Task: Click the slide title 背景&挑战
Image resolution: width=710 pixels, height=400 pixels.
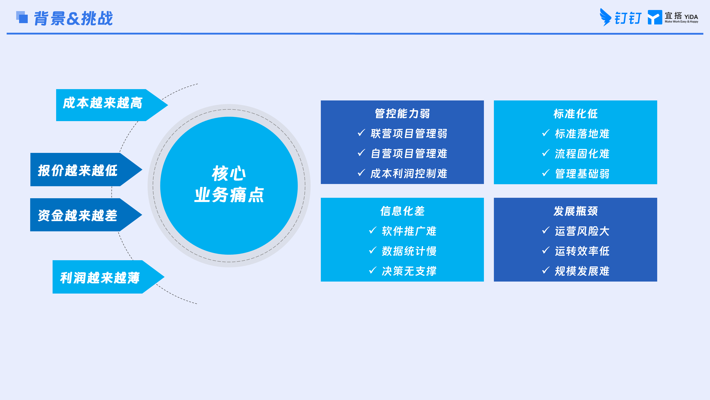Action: [x=73, y=18]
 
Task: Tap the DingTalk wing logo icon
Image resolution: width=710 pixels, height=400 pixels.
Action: [x=605, y=17]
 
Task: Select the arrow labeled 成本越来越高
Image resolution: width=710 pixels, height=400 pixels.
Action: [x=112, y=105]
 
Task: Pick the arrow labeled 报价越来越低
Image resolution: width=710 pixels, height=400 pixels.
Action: [x=86, y=170]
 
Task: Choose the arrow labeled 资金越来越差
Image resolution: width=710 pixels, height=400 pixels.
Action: [x=86, y=215]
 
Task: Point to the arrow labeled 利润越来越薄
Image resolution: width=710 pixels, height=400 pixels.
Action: [x=108, y=277]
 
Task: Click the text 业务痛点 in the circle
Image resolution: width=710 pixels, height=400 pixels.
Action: [x=229, y=195]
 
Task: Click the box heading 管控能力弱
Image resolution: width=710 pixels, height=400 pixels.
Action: [x=402, y=114]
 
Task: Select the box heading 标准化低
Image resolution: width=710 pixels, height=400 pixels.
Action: [x=576, y=114]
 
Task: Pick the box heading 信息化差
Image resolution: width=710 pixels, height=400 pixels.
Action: [x=402, y=211]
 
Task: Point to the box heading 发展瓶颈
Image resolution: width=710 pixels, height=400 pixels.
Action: [x=576, y=211]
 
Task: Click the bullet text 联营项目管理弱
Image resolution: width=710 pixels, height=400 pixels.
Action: [x=409, y=134]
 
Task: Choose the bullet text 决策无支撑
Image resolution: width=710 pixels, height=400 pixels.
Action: [x=409, y=271]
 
